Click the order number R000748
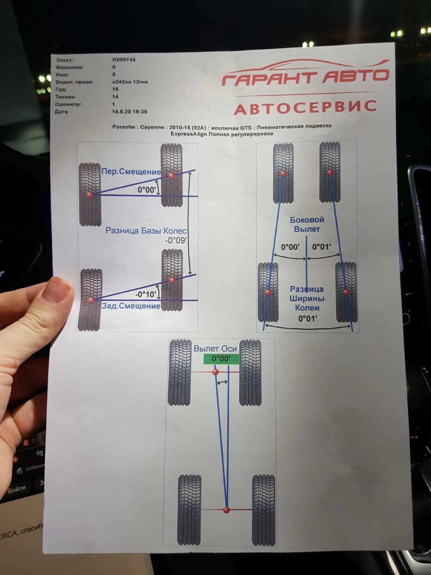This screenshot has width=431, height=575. (124, 60)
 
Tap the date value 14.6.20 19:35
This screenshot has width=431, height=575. (130, 112)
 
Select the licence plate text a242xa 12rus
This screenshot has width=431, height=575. (130, 82)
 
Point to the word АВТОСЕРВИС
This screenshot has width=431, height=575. (305, 108)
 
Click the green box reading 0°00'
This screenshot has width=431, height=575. (221, 359)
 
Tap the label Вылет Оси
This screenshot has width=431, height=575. (215, 349)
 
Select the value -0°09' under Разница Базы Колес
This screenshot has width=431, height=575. (176, 240)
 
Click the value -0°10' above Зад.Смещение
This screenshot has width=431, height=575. (146, 294)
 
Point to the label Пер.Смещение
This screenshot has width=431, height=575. (131, 172)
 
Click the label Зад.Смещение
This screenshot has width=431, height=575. (131, 306)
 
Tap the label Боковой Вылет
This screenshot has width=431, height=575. (307, 224)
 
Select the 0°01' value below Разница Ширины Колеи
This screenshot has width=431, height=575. (307, 319)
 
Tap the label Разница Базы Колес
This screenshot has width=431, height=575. (146, 231)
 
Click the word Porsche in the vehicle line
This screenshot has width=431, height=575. (124, 127)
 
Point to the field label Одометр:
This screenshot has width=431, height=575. (68, 104)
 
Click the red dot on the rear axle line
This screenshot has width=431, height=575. (227, 510)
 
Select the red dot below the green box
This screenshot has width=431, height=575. (215, 372)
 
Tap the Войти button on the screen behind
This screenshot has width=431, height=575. (16, 489)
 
